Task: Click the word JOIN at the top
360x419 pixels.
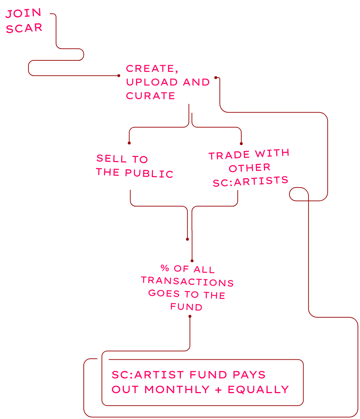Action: click(23, 14)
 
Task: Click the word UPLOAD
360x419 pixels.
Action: click(152, 82)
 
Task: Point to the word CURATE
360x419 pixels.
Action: click(150, 96)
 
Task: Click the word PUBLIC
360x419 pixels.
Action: click(149, 173)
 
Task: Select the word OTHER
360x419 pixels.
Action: click(250, 168)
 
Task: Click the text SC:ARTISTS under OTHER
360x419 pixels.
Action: click(250, 181)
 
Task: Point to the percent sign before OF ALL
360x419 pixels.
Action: click(165, 268)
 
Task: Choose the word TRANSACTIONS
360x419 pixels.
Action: click(187, 281)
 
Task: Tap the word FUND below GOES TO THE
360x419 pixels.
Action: click(186, 307)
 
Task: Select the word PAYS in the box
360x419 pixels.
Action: click(249, 374)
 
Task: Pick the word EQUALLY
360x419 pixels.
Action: click(258, 390)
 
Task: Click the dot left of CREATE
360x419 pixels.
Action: click(119, 75)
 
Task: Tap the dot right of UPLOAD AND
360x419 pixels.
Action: click(215, 77)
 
